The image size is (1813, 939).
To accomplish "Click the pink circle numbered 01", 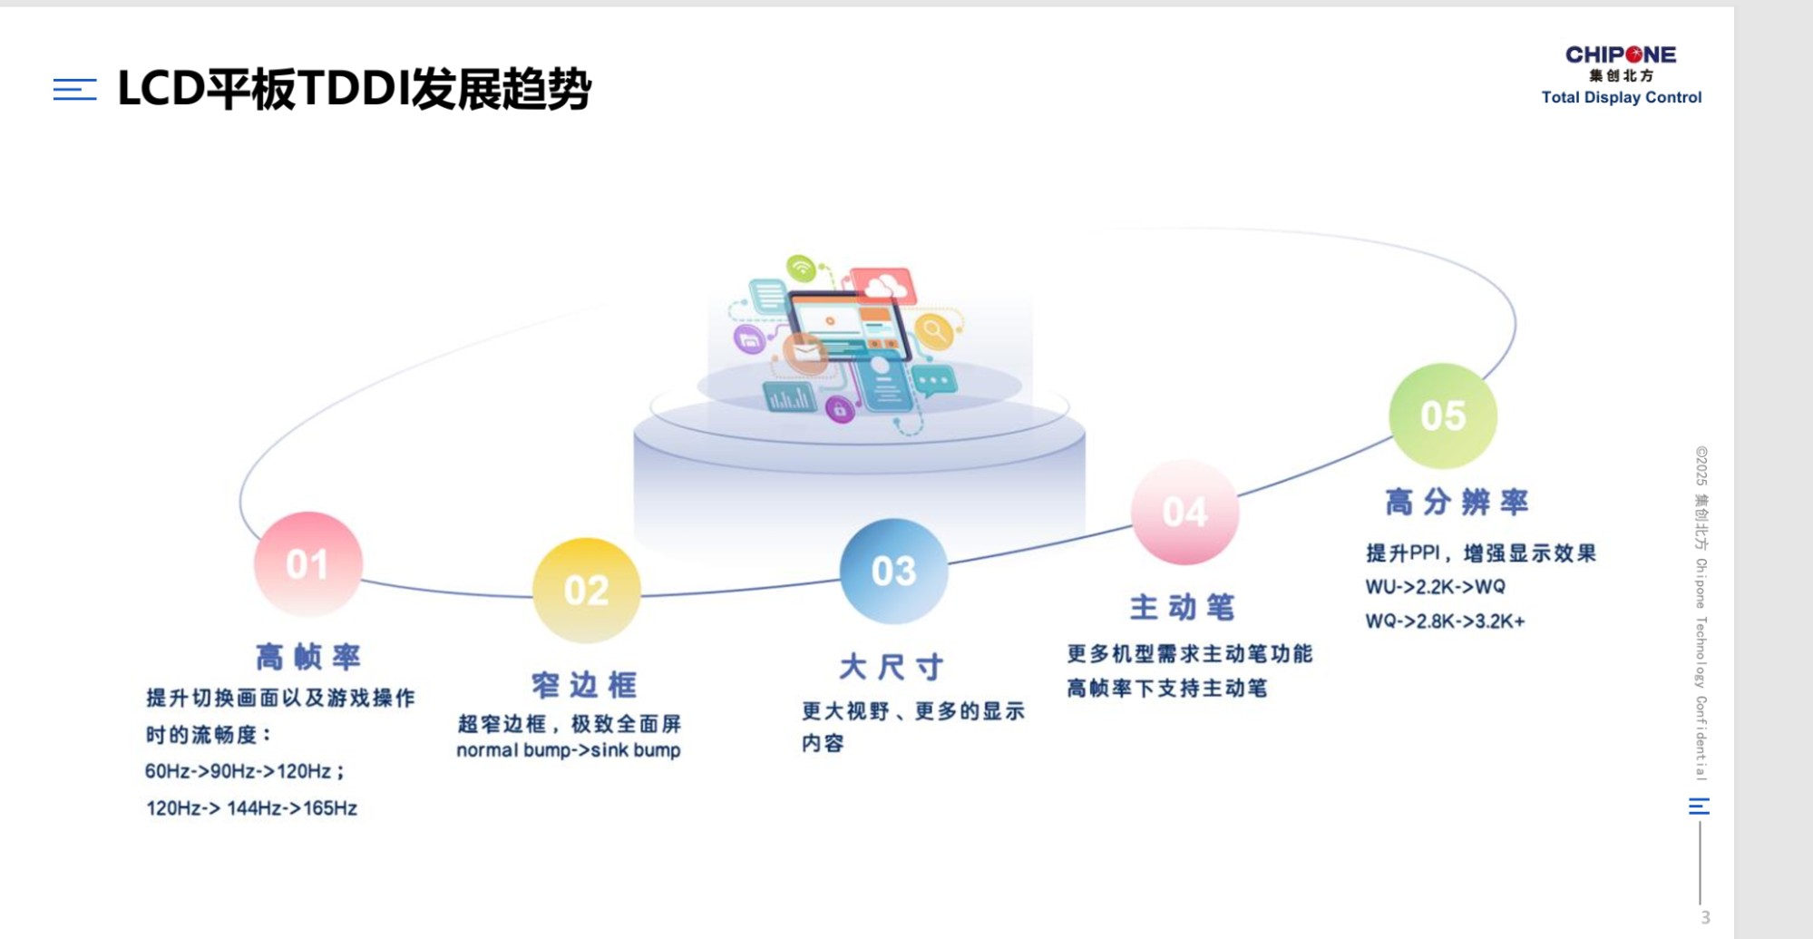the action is click(x=308, y=564).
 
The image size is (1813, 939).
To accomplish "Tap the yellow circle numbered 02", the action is click(x=586, y=591).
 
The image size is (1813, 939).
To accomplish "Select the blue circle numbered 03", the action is click(x=893, y=571).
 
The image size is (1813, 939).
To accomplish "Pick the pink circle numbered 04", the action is click(x=1184, y=513).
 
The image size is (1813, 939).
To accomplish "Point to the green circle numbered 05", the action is click(x=1443, y=416).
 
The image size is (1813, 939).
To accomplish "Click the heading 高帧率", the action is click(x=308, y=656).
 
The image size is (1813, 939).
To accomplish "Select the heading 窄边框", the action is click(x=585, y=685).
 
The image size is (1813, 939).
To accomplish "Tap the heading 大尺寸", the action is click(x=892, y=667).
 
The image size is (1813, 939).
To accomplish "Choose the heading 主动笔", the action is click(x=1183, y=607).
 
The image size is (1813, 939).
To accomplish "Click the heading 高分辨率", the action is click(x=1457, y=502).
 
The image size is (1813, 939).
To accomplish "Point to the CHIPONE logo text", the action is click(x=1621, y=54).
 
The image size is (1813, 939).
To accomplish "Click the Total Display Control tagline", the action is click(x=1622, y=97).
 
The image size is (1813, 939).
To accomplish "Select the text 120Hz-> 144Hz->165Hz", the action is click(x=251, y=807).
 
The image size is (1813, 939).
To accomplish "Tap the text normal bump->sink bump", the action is click(x=569, y=750).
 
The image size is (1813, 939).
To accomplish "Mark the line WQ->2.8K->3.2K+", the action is click(x=1446, y=621).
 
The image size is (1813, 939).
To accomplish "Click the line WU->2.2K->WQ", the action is click(x=1436, y=587).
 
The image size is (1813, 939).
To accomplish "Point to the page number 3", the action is click(x=1705, y=917).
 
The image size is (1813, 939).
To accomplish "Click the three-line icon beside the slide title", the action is click(x=75, y=89).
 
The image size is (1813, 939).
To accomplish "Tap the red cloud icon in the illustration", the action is click(x=882, y=285).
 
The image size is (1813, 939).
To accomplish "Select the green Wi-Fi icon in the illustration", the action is click(x=802, y=267).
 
